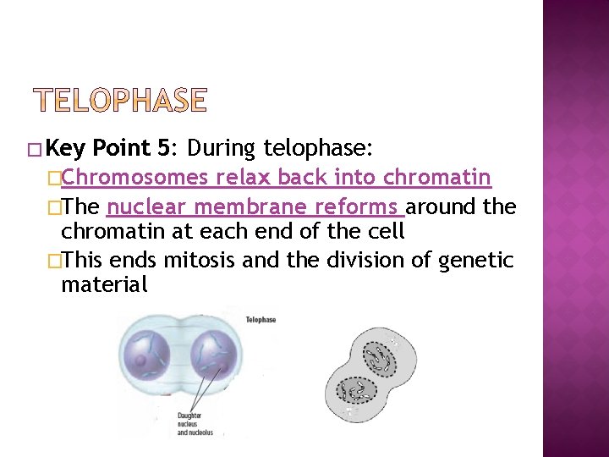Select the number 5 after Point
tap(163, 149)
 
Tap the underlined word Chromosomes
tap(135, 178)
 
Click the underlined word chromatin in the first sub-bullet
tap(436, 178)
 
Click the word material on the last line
tap(104, 285)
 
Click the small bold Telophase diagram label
tap(261, 320)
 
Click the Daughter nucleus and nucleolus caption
tap(195, 424)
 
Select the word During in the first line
tap(222, 149)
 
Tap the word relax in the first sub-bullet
tap(241, 178)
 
